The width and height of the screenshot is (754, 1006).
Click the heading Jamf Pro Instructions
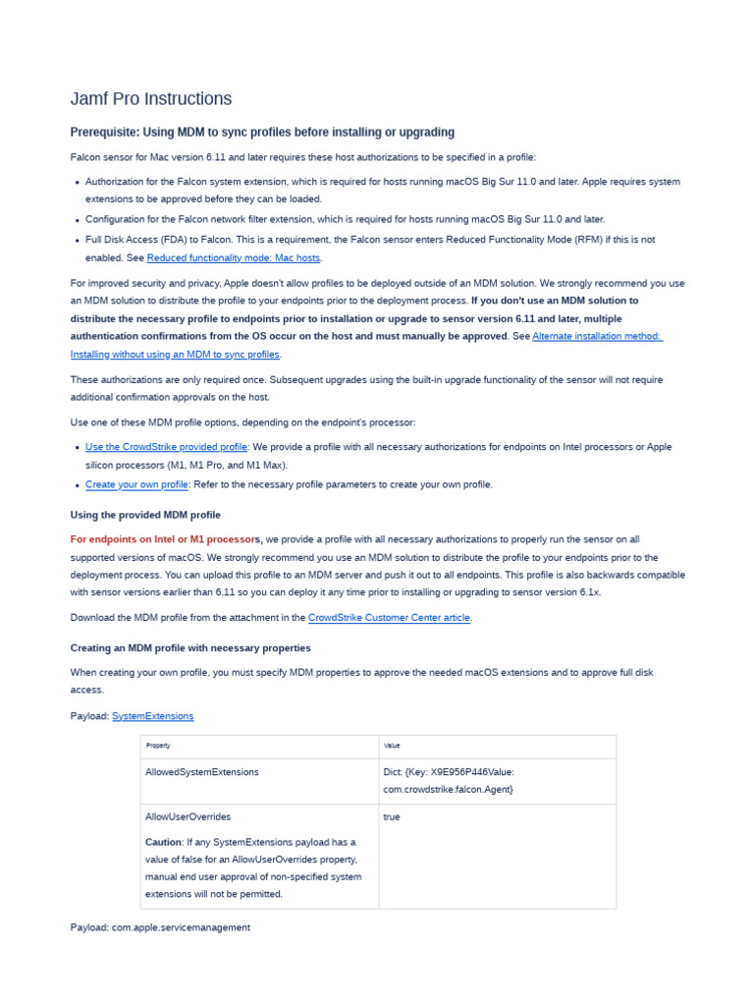[151, 98]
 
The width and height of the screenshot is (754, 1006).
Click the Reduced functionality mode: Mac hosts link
[234, 257]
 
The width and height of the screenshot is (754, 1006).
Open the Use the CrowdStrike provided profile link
[166, 446]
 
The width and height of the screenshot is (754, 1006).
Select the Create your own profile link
[136, 484]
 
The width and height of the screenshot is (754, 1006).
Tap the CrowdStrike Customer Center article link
[390, 617]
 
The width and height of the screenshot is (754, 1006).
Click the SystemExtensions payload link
[152, 716]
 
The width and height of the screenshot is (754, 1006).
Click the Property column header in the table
[158, 746]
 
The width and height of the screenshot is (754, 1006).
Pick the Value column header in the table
[392, 746]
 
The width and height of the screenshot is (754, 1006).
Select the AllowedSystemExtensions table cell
[202, 772]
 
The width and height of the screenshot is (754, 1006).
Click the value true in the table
[392, 816]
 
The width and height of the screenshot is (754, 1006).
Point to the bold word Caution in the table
[163, 842]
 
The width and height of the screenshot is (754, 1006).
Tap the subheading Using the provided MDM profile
[145, 515]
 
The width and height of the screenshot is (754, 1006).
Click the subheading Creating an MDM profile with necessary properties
[190, 648]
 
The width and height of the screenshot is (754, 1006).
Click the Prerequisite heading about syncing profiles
[262, 132]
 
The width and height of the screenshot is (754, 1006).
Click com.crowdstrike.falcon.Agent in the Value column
[448, 789]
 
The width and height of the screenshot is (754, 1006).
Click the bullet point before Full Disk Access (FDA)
[77, 241]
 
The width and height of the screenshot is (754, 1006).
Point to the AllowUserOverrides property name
[188, 816]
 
